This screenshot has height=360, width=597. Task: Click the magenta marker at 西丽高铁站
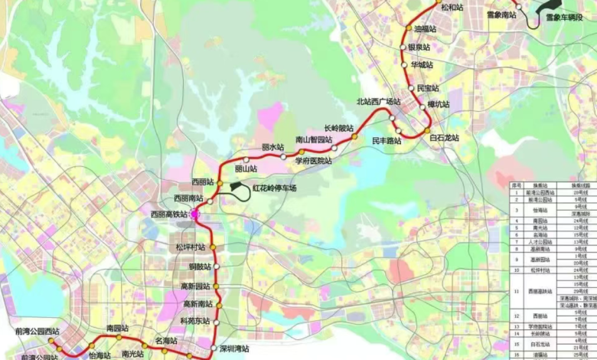click(x=195, y=215)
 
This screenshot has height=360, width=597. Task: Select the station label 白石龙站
click(x=444, y=138)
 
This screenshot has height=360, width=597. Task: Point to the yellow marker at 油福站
click(x=408, y=28)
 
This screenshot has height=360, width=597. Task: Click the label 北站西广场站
click(x=378, y=102)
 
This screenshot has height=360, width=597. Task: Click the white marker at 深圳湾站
click(x=214, y=349)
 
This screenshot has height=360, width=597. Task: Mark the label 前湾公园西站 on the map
click(x=37, y=332)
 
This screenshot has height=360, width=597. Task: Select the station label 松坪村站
click(x=190, y=247)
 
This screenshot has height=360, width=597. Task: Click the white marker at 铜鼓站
click(x=217, y=267)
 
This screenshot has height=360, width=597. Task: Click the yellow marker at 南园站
click(x=119, y=337)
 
